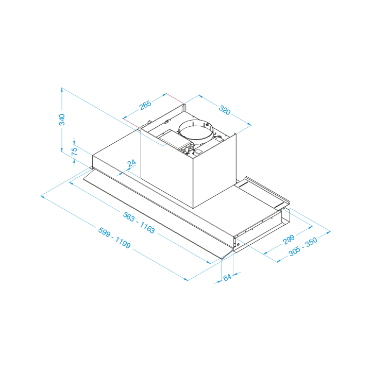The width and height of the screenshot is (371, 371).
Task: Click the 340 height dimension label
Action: [62, 120]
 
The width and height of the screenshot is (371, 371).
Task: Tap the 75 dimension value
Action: [74, 151]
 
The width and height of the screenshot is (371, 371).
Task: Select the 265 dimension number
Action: [145, 106]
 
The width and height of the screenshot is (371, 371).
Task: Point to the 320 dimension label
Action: [225, 110]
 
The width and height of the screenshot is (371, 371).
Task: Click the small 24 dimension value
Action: [131, 163]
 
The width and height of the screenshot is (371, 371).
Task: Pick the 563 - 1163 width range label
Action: [139, 223]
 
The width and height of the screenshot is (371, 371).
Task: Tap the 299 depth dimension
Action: [289, 240]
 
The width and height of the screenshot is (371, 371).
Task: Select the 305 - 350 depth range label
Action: [303, 247]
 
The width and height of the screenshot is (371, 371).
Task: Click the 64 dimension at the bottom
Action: [227, 278]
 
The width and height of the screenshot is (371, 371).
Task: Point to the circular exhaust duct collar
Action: [196, 131]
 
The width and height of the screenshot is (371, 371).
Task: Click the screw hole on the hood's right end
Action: [238, 245]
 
